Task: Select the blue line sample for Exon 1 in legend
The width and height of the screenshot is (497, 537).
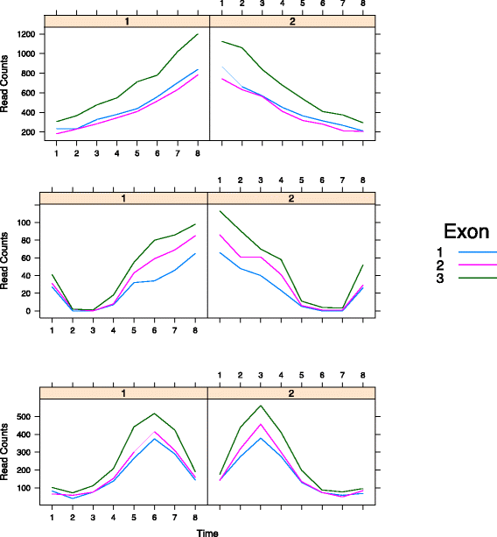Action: pyautogui.click(x=479, y=251)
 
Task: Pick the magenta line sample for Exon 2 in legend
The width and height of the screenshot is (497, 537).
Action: pyautogui.click(x=479, y=264)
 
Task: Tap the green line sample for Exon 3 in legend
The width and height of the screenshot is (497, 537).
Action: pyautogui.click(x=479, y=277)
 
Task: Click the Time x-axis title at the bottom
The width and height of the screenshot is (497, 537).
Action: pyautogui.click(x=207, y=531)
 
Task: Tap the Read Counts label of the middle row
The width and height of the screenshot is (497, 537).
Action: pyautogui.click(x=6, y=262)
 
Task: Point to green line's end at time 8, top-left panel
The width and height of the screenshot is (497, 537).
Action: pyautogui.click(x=198, y=34)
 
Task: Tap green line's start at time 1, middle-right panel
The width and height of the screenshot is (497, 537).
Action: pyautogui.click(x=220, y=210)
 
